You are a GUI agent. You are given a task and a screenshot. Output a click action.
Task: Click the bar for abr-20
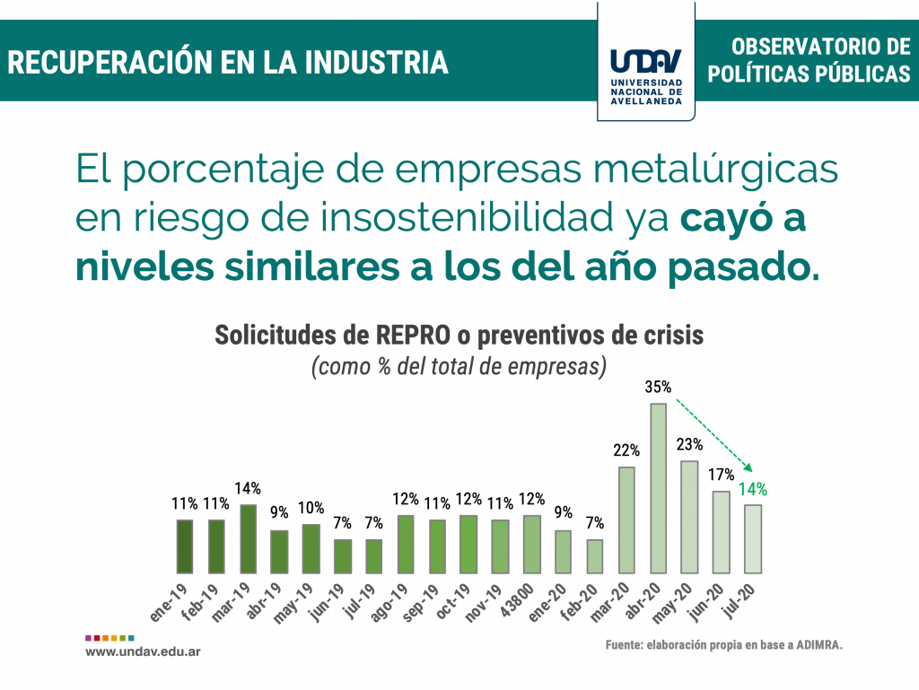point(658,488)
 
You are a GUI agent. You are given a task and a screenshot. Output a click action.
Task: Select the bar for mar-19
point(249,538)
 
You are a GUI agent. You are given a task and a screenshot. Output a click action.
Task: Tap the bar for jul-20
point(753,538)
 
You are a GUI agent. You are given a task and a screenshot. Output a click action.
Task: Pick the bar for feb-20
point(595,555)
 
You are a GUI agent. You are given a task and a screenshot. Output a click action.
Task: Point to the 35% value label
point(658,388)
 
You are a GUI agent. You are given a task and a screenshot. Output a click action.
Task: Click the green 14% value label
point(753,490)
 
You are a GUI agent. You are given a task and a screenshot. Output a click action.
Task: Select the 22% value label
point(626,450)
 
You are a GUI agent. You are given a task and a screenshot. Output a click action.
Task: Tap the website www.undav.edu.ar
point(143,651)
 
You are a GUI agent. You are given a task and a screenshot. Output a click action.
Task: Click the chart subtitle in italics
point(459,366)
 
